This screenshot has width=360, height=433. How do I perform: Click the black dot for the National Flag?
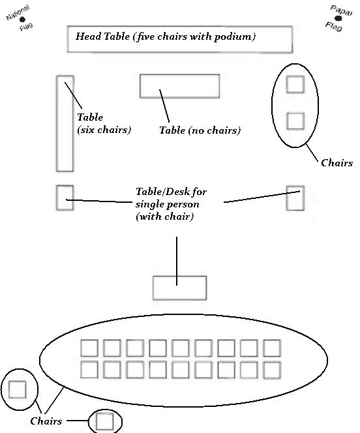[22, 20]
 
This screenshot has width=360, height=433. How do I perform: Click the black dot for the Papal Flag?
[338, 18]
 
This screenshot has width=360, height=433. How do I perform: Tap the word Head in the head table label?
[87, 36]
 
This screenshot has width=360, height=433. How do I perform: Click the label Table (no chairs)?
[200, 130]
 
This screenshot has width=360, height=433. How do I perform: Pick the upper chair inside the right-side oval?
[295, 84]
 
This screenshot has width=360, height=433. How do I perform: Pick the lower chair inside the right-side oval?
[295, 121]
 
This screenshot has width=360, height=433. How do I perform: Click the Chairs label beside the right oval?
[337, 162]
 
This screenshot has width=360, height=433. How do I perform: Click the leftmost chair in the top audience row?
[89, 348]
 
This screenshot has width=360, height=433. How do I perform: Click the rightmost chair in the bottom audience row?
[272, 370]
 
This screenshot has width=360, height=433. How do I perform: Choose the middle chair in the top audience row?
[181, 348]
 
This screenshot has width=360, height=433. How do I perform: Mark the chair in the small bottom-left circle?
[18, 390]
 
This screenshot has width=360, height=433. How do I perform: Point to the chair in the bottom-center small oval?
[104, 421]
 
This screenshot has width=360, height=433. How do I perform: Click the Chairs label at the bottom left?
[46, 421]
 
